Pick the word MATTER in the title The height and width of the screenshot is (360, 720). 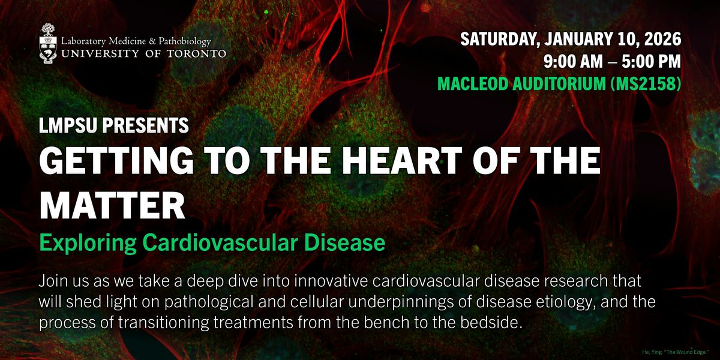[112, 205]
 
